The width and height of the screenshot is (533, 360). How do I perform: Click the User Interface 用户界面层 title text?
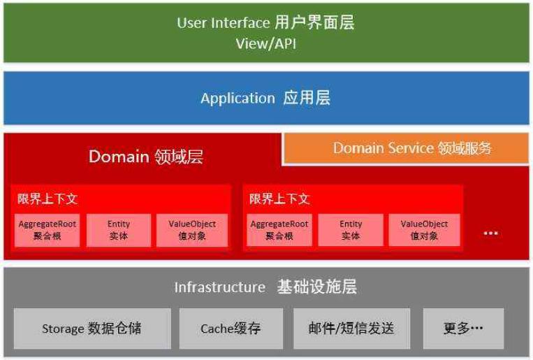(265, 22)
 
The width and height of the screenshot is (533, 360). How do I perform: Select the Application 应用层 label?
(265, 98)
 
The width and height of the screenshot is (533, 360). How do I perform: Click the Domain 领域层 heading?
(145, 157)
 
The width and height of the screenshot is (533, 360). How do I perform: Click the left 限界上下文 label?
(48, 199)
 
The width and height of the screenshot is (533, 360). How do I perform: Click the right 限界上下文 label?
(279, 199)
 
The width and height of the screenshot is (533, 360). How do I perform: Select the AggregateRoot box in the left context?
(48, 230)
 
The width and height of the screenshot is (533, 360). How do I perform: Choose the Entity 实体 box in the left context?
(119, 230)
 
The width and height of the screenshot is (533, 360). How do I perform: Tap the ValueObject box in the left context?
(192, 230)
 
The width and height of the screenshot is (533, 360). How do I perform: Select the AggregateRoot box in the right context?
(279, 230)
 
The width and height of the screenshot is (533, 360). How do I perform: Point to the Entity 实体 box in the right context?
(351, 230)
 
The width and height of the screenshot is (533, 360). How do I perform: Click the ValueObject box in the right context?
(424, 230)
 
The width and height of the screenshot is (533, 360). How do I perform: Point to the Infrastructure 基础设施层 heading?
(265, 287)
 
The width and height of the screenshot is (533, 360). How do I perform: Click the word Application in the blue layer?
(238, 99)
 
